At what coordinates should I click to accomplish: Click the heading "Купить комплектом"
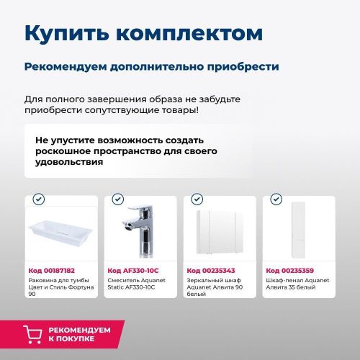(x=143, y=34)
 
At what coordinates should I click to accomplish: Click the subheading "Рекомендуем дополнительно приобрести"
(x=151, y=66)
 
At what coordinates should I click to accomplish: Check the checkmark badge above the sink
(x=39, y=199)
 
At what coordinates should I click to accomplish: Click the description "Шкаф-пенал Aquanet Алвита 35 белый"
(x=296, y=286)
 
